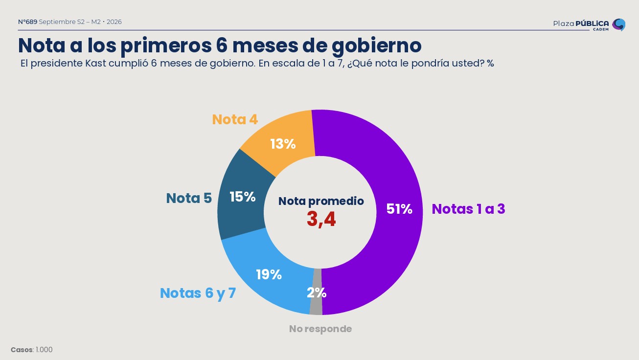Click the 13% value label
click(x=283, y=144)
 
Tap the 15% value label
click(x=243, y=197)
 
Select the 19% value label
click(x=269, y=275)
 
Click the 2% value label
click(x=317, y=292)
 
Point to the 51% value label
click(x=399, y=209)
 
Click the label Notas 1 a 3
click(x=468, y=209)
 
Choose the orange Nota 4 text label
click(x=235, y=119)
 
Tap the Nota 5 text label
click(x=189, y=198)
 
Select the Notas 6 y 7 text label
click(x=198, y=293)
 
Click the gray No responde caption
click(x=320, y=329)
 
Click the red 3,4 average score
click(x=321, y=219)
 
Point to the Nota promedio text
click(x=321, y=202)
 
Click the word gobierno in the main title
click(x=377, y=46)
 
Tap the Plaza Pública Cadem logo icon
click(x=618, y=25)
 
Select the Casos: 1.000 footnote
click(x=32, y=350)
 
